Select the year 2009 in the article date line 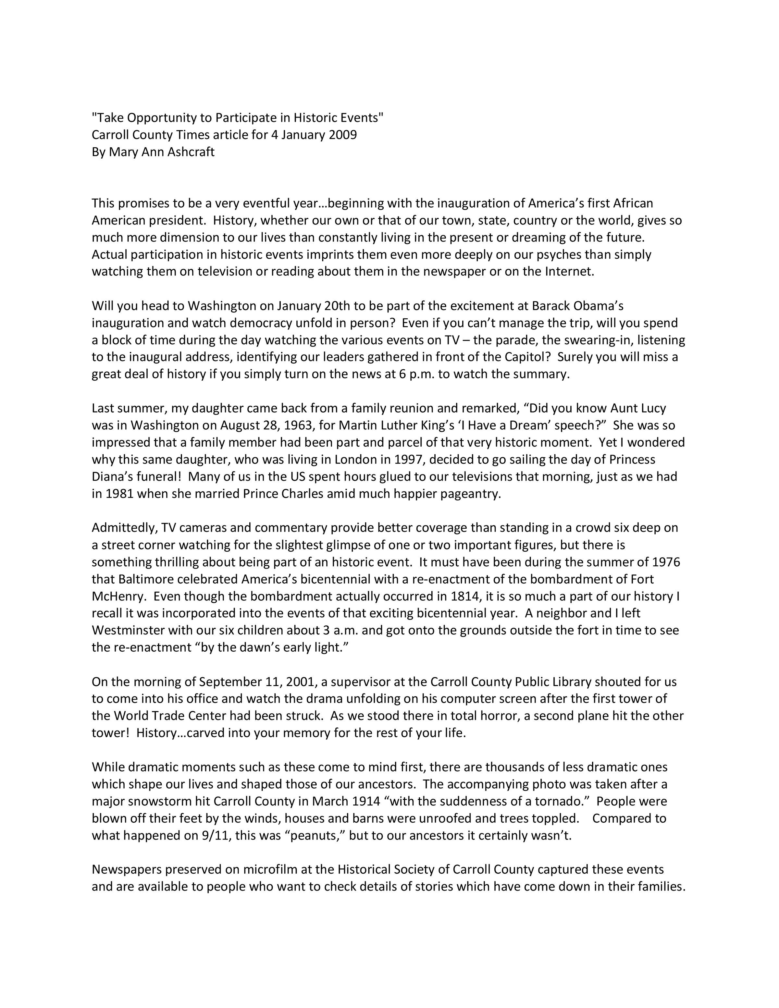(342, 135)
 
